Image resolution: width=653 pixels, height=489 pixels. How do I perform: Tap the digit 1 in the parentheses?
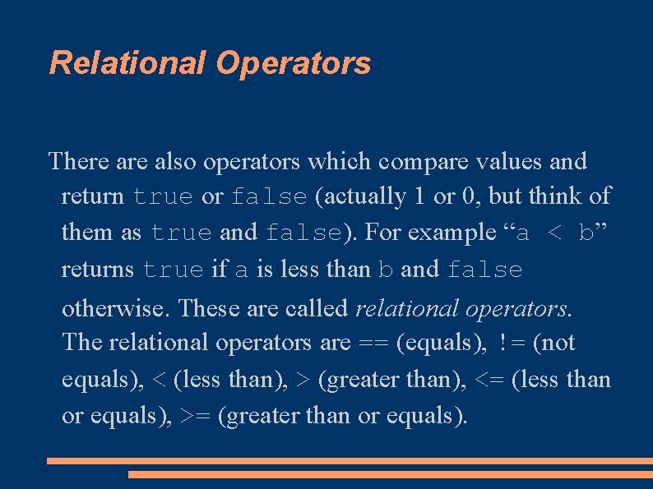(419, 197)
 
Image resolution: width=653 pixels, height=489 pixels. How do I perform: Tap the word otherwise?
(116, 307)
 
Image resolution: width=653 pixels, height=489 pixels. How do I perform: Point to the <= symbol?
(487, 380)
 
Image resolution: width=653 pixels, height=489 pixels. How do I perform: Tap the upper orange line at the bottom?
(349, 461)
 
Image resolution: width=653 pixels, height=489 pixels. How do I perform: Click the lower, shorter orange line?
(390, 474)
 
